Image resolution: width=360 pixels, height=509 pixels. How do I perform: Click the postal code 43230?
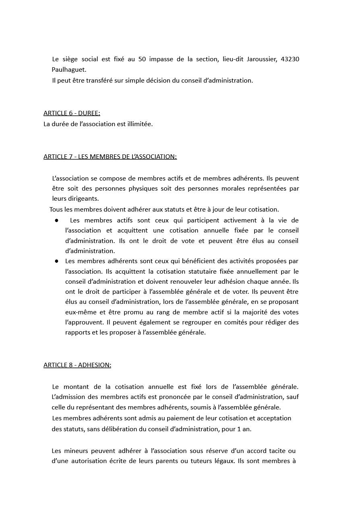290,59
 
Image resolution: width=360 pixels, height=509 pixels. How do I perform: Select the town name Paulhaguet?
69,70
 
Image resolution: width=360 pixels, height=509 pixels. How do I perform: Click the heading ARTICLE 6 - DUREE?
72,113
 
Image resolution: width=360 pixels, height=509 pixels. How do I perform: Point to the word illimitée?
139,124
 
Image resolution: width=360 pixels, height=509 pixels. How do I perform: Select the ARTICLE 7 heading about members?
110,157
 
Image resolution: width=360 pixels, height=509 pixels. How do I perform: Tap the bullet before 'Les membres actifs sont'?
57,220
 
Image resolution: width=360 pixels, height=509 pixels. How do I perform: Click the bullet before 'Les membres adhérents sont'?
57,261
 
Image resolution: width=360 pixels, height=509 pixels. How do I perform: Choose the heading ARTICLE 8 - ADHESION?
77,365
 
